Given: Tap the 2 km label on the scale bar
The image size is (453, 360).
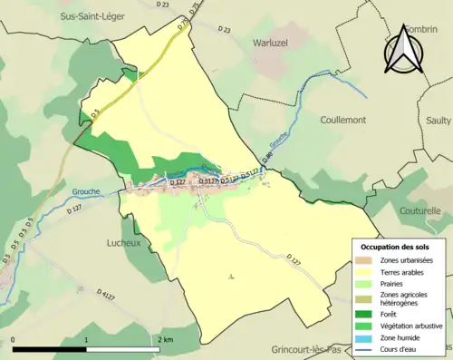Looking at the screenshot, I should [x=163, y=339].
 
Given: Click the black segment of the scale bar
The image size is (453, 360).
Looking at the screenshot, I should [x=50, y=349].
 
